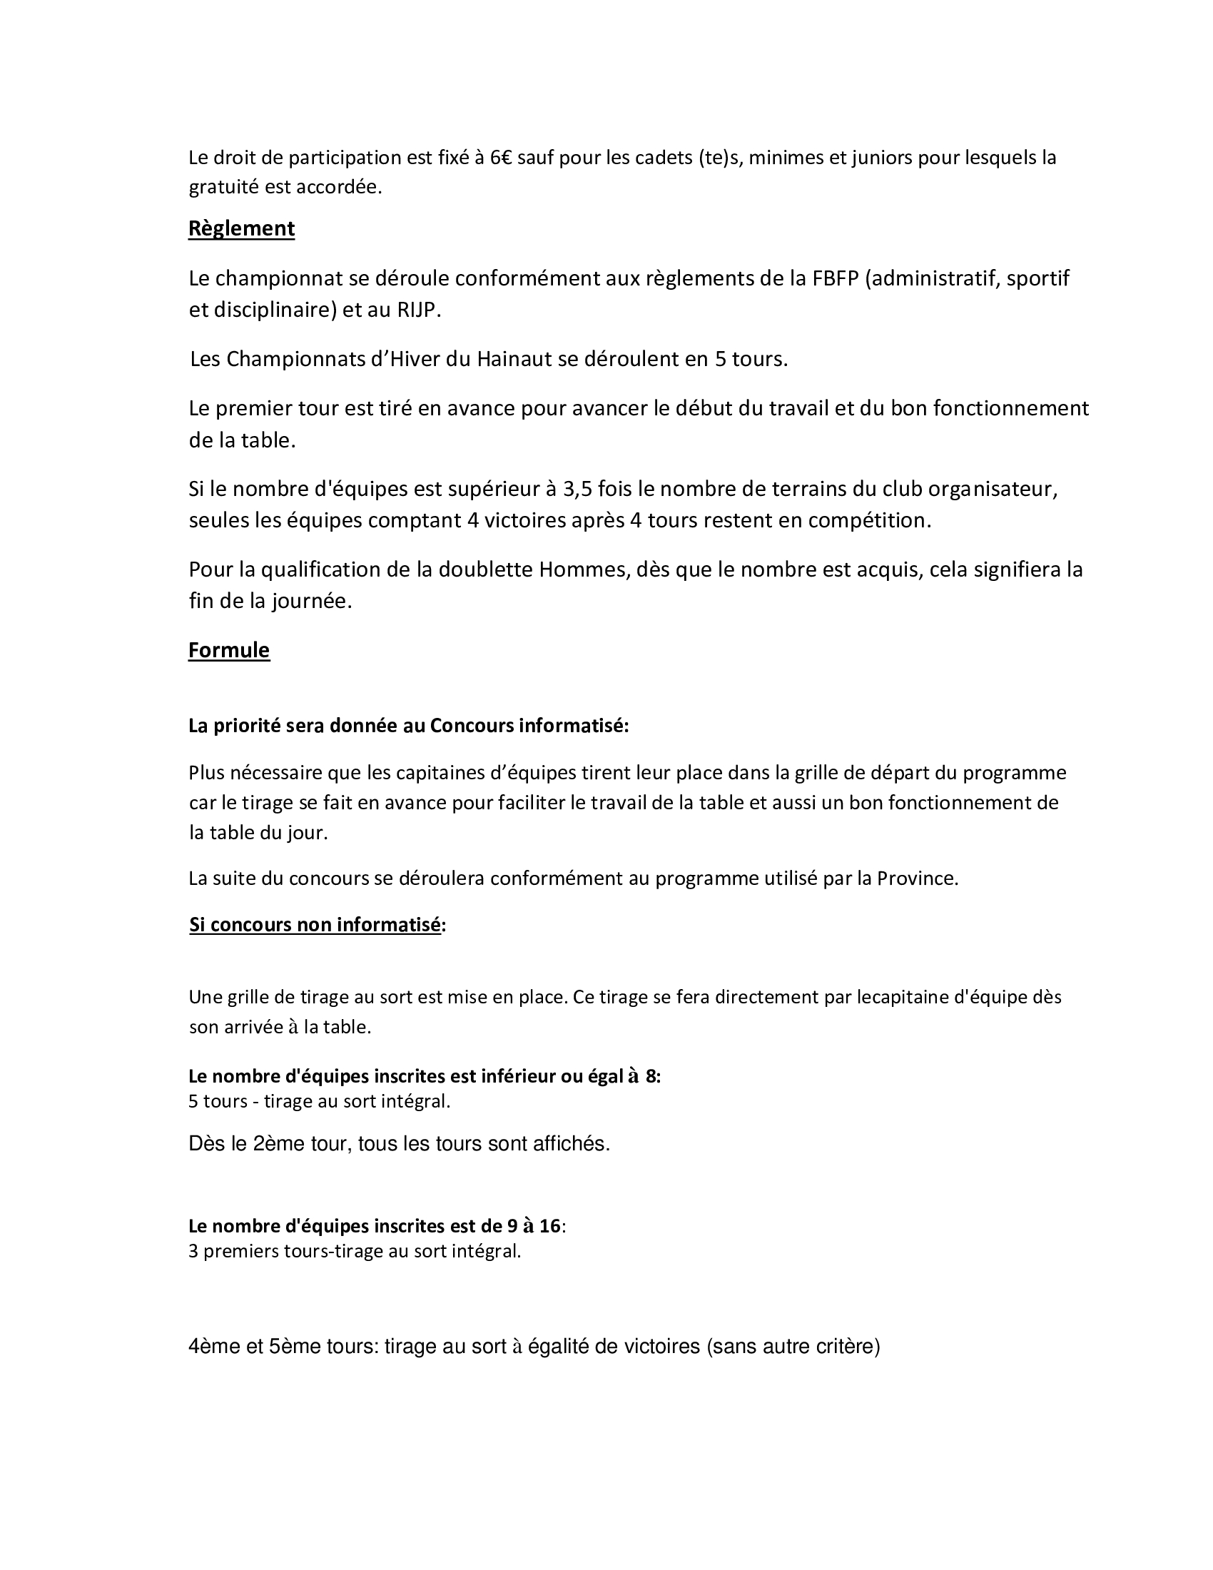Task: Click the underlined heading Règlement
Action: tap(241, 228)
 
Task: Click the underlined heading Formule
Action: tap(228, 650)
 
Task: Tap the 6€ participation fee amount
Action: tap(501, 158)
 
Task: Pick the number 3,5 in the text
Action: tap(578, 489)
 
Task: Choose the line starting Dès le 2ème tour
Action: tap(399, 1144)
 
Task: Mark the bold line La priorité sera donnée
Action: tap(408, 726)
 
